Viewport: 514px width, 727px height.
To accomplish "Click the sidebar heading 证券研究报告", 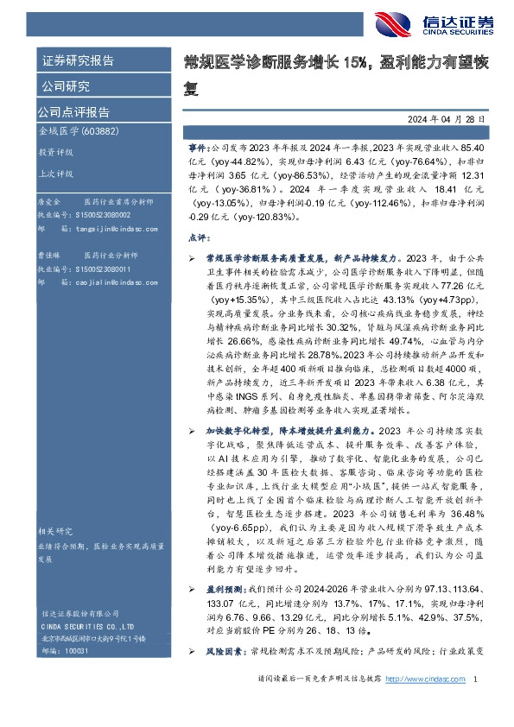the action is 79,60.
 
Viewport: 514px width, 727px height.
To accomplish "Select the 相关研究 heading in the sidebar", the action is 55,531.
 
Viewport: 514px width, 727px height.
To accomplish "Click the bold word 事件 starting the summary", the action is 198,149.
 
